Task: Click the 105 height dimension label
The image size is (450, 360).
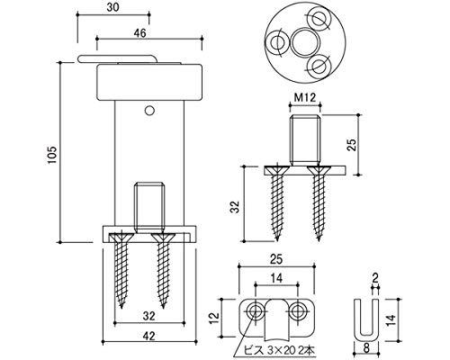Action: click(52, 155)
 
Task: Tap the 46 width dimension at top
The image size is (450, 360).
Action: click(139, 33)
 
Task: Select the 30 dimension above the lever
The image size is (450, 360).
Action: click(113, 8)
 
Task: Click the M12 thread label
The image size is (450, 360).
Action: click(305, 98)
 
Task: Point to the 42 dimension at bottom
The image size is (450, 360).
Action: click(148, 337)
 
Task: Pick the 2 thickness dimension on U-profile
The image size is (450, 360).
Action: click(374, 279)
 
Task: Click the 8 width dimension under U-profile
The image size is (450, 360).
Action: click(366, 349)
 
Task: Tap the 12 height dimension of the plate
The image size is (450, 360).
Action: click(215, 318)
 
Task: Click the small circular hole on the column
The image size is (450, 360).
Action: click(149, 111)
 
